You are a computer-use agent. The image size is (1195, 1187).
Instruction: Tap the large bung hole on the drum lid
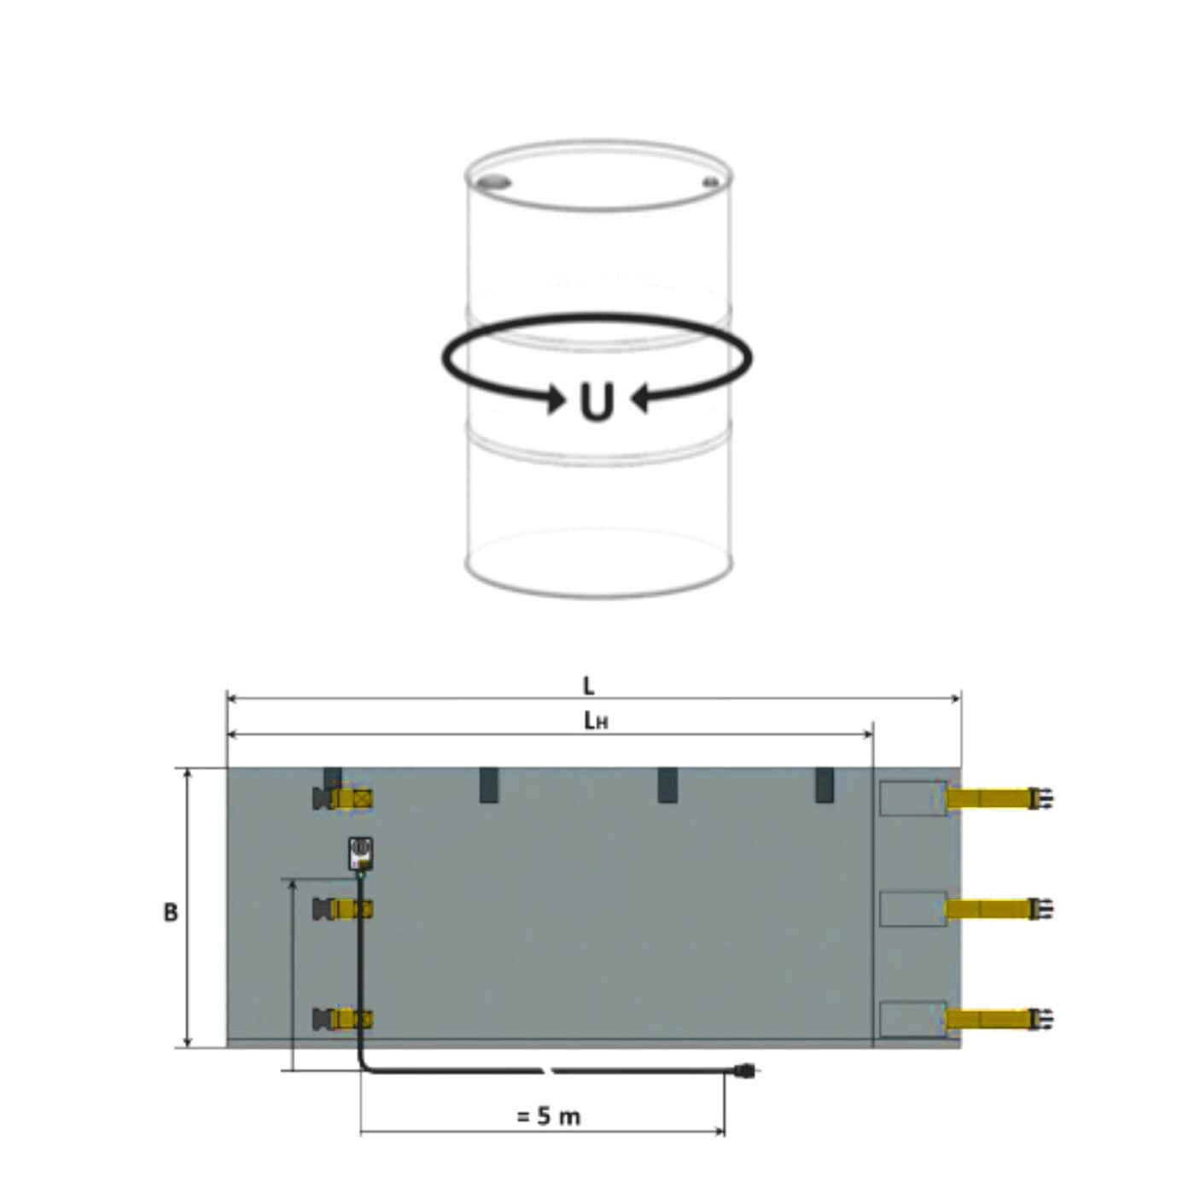point(495,183)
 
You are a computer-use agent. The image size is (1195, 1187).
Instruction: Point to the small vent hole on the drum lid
point(711,182)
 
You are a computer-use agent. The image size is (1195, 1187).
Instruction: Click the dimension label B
point(171,913)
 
